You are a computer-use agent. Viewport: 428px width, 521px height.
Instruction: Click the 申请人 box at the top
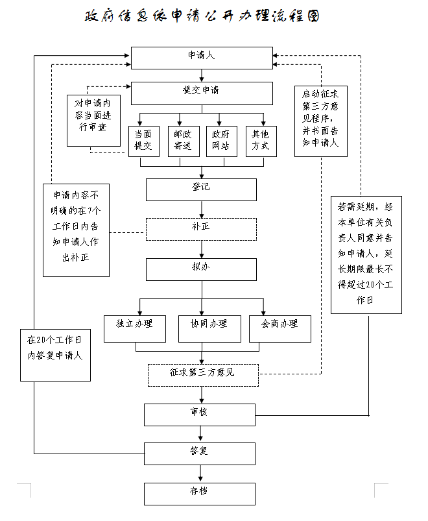point(202,58)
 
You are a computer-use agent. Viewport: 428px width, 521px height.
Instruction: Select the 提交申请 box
point(202,93)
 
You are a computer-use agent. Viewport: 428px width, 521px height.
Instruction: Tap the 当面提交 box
point(144,141)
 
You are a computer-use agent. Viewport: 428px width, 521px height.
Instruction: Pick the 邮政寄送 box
point(184,141)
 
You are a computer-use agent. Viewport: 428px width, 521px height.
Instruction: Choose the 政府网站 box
point(222,141)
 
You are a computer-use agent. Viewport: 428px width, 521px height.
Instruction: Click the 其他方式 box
point(261,141)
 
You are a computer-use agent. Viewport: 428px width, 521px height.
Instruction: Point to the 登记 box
point(201,189)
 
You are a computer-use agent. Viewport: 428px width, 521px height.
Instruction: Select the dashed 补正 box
point(201,229)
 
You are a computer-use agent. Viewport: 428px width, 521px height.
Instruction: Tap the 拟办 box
point(201,270)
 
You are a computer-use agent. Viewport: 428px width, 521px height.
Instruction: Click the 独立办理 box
point(135,329)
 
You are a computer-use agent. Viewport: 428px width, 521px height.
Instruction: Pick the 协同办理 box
point(209,329)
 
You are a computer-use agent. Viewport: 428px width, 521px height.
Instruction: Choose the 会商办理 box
point(280,329)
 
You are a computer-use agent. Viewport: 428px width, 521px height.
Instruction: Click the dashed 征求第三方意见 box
point(203,375)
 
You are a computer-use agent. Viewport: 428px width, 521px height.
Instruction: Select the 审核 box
point(200,415)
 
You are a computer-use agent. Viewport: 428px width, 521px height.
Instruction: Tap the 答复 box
point(200,454)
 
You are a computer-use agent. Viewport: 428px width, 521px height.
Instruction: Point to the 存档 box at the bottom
point(200,494)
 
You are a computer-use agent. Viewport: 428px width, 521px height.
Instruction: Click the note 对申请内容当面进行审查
point(93,121)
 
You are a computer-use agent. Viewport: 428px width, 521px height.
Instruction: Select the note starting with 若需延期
point(366,255)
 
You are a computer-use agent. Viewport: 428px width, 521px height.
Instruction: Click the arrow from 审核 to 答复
point(200,434)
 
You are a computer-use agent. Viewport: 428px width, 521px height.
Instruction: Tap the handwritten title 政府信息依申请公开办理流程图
point(202,16)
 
